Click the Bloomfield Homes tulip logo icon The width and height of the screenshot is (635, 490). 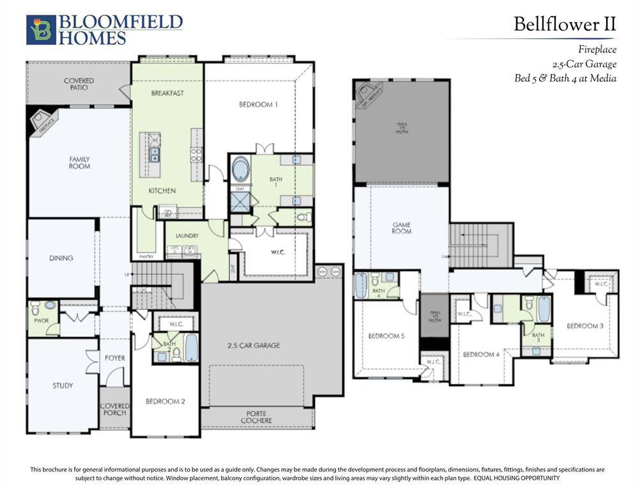pos(41,30)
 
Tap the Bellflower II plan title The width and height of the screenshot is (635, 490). pos(565,25)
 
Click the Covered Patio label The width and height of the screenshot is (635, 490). pos(79,84)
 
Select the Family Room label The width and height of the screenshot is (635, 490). pos(80,163)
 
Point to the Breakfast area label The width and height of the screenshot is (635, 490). pos(167,93)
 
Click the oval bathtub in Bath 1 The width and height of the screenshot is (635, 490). pos(241,170)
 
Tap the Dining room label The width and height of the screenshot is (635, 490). pos(61,258)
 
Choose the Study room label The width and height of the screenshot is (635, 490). pos(63,385)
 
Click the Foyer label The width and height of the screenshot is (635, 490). pos(115,358)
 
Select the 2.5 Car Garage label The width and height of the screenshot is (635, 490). pos(254,346)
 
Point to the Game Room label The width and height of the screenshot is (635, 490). pos(402,228)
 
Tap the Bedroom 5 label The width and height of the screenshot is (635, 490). pos(386,336)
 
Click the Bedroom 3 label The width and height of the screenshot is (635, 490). pos(585,326)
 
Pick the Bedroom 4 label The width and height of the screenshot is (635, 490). pos(480,355)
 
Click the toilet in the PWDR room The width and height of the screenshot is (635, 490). pos(35,306)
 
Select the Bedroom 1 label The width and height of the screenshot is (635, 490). pos(258,105)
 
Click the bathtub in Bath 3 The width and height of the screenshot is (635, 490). pos(544,309)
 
